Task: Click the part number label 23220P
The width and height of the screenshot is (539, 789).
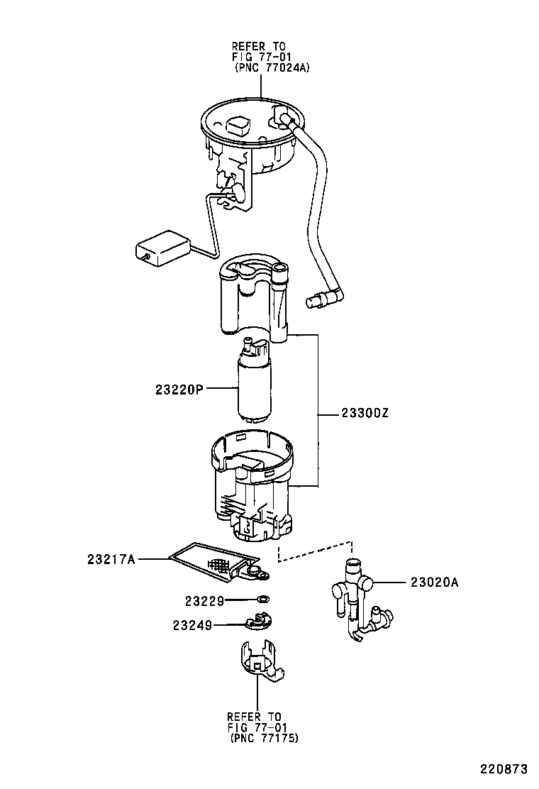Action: point(179,389)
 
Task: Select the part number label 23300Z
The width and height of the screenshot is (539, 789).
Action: point(365,414)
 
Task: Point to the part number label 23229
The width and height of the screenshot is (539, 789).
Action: point(204,601)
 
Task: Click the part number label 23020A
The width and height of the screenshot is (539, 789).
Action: point(434,583)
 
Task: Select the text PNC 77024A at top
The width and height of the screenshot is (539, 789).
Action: point(272,67)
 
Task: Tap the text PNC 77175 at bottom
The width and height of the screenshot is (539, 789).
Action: point(265,739)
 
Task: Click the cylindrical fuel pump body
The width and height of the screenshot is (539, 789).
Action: point(254,390)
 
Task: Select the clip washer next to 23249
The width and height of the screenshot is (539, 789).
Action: point(258,623)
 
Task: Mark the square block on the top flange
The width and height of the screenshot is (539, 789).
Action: point(238,127)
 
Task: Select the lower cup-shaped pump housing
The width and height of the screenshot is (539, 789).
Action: point(252,490)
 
